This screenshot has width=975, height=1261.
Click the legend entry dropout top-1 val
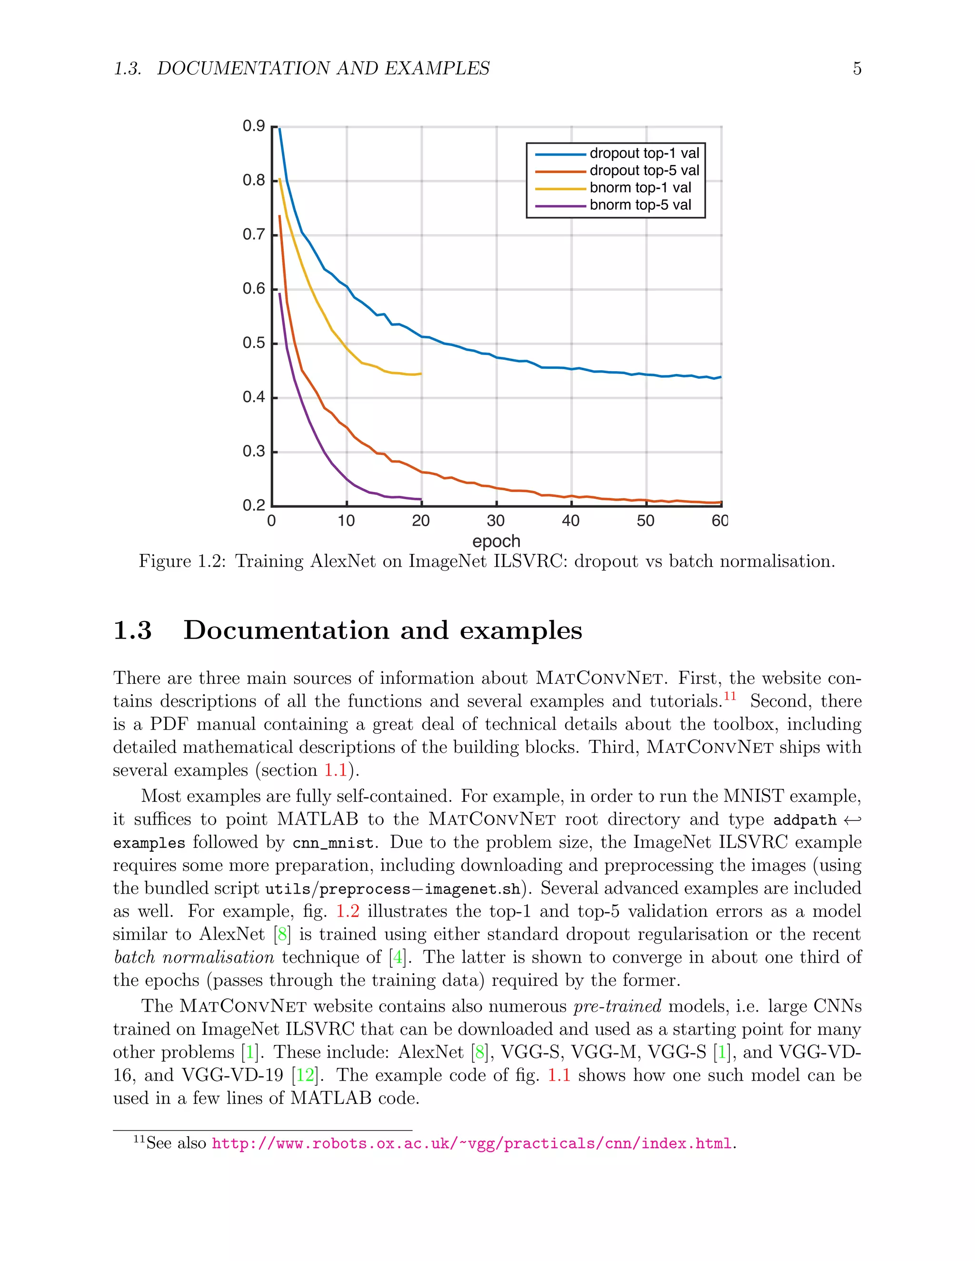[644, 154]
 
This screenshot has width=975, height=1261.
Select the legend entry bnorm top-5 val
[640, 205]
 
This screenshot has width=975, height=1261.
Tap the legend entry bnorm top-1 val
[640, 187]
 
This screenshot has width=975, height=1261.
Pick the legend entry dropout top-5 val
[644, 170]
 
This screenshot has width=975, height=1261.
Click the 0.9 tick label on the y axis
[254, 126]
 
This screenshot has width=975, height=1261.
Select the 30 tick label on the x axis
[496, 521]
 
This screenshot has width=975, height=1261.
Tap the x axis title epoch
[496, 542]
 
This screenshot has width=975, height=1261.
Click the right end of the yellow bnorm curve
[421, 374]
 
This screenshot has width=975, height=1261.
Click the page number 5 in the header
[857, 69]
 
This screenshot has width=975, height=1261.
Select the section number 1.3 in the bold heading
[132, 630]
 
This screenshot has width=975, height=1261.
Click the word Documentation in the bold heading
[286, 630]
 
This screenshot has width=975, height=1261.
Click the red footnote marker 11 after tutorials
[730, 696]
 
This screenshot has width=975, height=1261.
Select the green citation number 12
[305, 1075]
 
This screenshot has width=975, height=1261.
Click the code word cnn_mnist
[333, 843]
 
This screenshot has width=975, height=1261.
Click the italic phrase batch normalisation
[194, 957]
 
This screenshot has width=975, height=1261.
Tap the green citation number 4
[398, 957]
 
